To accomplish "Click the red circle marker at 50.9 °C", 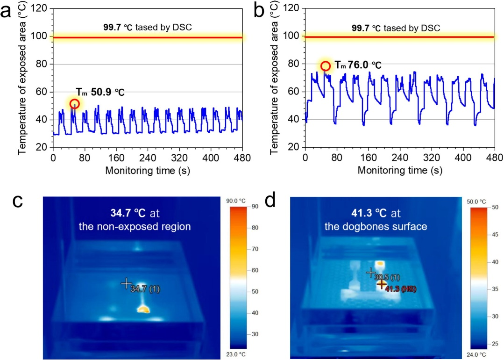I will pyautogui.click(x=74, y=104).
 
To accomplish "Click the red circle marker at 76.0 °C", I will pyautogui.click(x=326, y=66).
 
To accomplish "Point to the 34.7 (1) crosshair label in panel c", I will pyautogui.click(x=145, y=289).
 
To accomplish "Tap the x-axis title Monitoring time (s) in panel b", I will pyautogui.click(x=400, y=170).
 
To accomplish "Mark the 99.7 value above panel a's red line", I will pyautogui.click(x=112, y=27).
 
